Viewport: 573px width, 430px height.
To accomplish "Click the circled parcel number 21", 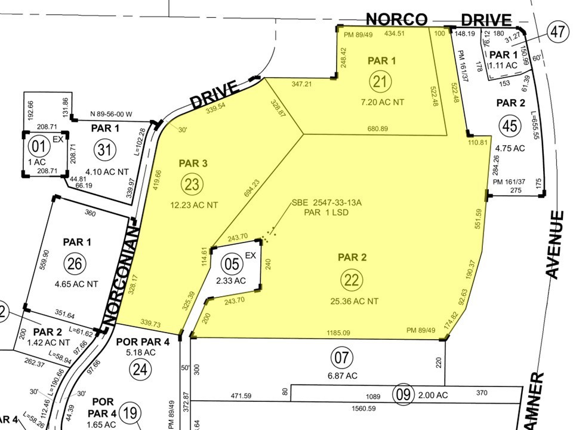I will pyautogui.click(x=380, y=81).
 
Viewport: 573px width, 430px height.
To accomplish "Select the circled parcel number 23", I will pyautogui.click(x=192, y=184).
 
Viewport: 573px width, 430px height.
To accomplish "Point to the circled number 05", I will pyautogui.click(x=230, y=263).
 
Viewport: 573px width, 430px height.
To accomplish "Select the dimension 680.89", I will pyautogui.click(x=378, y=129).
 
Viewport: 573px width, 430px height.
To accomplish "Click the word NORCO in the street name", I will pyautogui.click(x=397, y=20).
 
